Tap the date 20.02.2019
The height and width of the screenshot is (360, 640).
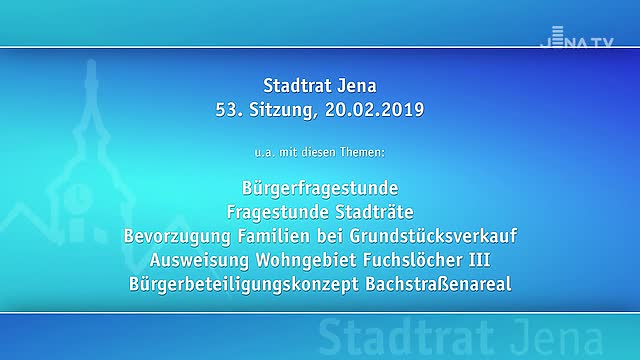tap(375, 109)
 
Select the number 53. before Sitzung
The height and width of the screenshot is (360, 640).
tap(229, 109)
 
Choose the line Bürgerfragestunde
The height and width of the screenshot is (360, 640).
tap(320, 188)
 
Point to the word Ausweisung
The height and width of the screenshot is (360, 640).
tap(199, 260)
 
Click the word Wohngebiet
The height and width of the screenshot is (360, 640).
tap(304, 260)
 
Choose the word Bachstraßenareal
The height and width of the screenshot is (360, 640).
tap(439, 284)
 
